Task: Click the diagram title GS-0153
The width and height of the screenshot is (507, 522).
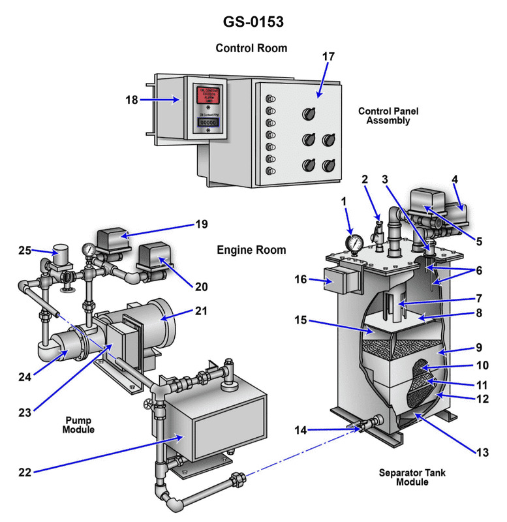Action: pyautogui.click(x=253, y=22)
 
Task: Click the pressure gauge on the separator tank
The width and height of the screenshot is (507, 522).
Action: pyautogui.click(x=354, y=243)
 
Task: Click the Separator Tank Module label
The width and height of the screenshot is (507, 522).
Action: pyautogui.click(x=412, y=476)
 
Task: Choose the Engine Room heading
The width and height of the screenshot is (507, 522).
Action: pyautogui.click(x=251, y=250)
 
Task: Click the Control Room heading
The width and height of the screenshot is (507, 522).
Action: pyautogui.click(x=251, y=48)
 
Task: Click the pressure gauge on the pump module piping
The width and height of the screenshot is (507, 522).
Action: pyautogui.click(x=87, y=250)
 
